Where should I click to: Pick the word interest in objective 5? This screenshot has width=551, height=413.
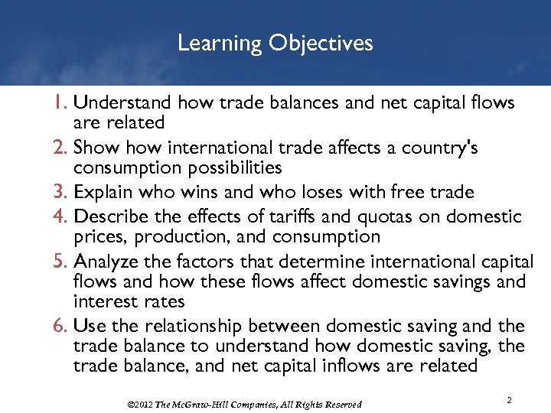[x=104, y=301]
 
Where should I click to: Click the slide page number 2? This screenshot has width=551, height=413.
[x=510, y=401]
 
